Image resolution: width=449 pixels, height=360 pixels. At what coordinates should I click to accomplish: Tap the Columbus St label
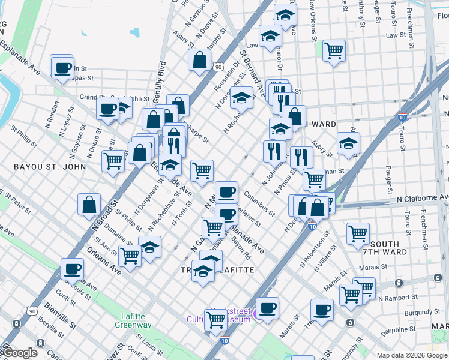[x=260, y=204]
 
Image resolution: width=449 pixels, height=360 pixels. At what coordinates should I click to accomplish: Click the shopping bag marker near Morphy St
[x=199, y=59]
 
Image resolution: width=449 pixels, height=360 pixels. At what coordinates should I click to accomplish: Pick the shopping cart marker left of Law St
[x=334, y=51]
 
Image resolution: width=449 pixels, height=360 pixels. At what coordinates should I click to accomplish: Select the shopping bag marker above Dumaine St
[x=89, y=204]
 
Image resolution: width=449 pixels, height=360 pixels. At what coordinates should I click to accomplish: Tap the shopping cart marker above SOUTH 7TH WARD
[x=358, y=233]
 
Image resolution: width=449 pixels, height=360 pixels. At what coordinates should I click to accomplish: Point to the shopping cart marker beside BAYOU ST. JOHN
[x=113, y=160]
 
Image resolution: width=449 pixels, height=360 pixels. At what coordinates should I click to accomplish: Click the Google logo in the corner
[x=19, y=353]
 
